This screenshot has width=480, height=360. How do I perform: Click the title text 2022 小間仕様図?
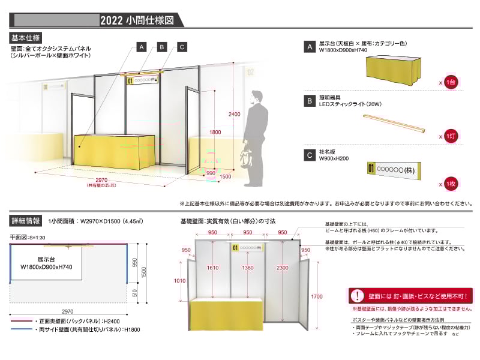[x=137, y=20]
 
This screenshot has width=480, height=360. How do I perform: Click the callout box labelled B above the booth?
[x=161, y=47]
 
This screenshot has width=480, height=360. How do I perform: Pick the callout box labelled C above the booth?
[x=182, y=47]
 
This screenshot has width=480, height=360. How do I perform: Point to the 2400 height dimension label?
[x=235, y=114]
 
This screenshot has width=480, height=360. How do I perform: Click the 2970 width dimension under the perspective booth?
[x=97, y=180]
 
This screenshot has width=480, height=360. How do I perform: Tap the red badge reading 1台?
[x=451, y=82]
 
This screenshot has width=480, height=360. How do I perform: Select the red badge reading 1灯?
[x=451, y=136]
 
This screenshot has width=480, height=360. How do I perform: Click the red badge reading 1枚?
[x=451, y=184]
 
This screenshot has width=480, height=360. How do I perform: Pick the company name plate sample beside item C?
[x=393, y=170]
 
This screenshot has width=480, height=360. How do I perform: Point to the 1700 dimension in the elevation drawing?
[x=317, y=296]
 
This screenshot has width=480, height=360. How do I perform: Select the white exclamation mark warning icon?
[x=358, y=295]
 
